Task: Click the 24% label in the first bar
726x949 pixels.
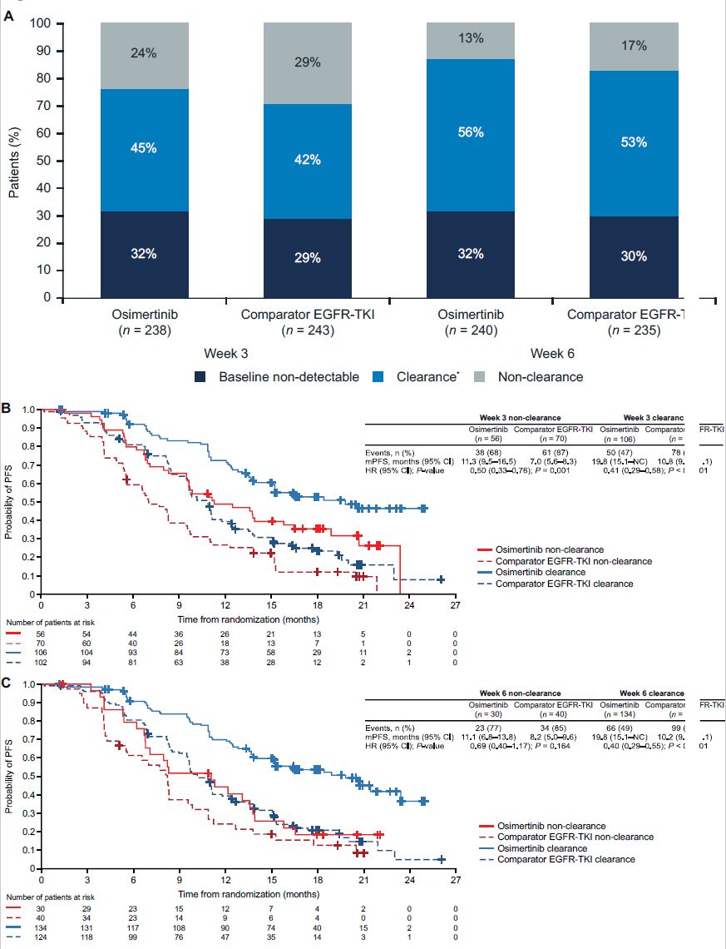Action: coord(144,53)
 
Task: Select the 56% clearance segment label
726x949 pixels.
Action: coord(470,132)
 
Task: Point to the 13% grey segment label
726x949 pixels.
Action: coord(470,37)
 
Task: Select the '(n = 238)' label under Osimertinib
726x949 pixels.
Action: coord(144,331)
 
